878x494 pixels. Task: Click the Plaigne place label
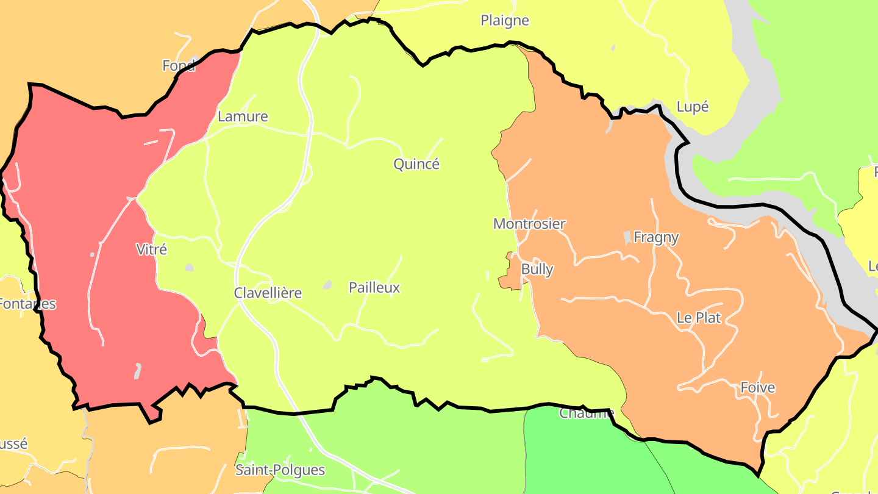[504, 21]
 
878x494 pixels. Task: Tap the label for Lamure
[243, 116]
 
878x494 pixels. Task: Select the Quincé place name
[416, 164]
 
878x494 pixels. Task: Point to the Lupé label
[693, 107]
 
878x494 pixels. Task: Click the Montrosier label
[529, 224]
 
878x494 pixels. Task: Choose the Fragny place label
[656, 237]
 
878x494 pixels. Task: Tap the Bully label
[537, 269]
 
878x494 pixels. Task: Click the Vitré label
[151, 249]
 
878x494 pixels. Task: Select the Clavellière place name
[268, 293]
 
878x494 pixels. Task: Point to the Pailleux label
[374, 288]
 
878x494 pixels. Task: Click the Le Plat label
[699, 318]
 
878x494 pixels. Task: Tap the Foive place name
[757, 387]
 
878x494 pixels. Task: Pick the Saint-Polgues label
[280, 470]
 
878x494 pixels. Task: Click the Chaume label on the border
[586, 414]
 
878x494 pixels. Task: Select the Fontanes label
[27, 304]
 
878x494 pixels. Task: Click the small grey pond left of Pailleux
[327, 285]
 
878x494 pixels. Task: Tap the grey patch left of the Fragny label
[627, 237]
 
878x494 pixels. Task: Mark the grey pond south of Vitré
[138, 370]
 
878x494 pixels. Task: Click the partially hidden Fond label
[179, 66]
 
